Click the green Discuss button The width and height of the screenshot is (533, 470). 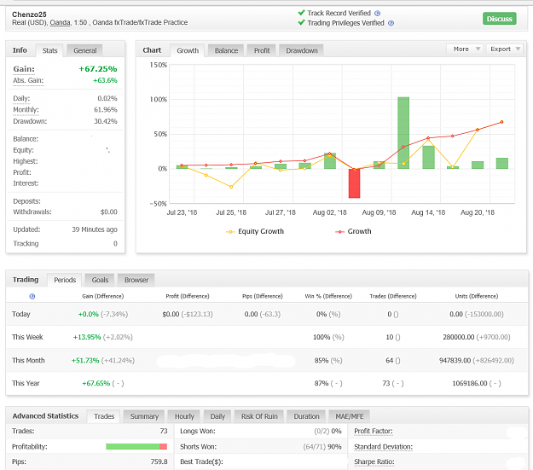coord(500,19)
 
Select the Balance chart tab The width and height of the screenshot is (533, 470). coord(226,50)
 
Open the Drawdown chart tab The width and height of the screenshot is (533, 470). coord(302,50)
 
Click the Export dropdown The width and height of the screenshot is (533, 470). coord(505,49)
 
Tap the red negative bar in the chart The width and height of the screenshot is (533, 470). coord(354,183)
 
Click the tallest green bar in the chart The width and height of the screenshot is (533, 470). coord(403,133)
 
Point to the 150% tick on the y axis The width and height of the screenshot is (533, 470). coord(159,65)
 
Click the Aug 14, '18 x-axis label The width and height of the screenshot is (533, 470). coord(428,212)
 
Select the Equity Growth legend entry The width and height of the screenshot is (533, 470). coord(255,231)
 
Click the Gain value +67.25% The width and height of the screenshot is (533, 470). coord(98,69)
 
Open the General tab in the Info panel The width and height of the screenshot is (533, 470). coord(85,50)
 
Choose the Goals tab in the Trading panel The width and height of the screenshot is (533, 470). coord(100,280)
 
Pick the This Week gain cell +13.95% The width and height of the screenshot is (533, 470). coord(87,337)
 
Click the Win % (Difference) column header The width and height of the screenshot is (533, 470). coord(328,296)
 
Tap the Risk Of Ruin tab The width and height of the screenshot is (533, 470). coord(259,416)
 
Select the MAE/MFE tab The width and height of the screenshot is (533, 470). coord(350,416)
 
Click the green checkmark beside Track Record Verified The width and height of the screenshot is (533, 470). coord(301,13)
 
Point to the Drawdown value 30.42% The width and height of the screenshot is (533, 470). coord(106,121)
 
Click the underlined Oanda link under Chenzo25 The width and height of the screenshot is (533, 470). coord(61,22)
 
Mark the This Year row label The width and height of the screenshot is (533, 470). coord(26,383)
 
